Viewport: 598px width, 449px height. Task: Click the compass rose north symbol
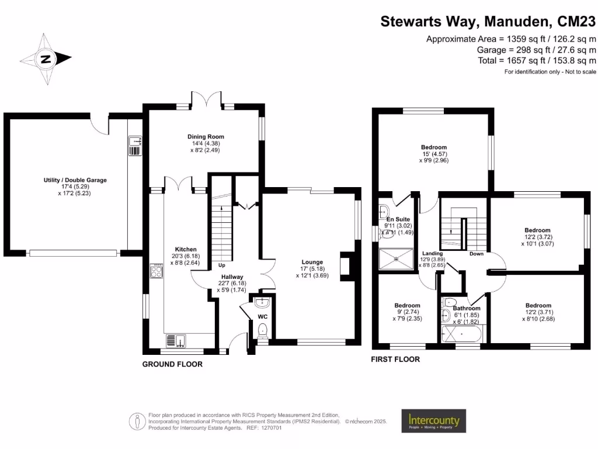click(46, 58)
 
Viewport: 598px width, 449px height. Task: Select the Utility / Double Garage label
click(75, 180)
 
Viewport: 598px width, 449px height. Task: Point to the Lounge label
click(312, 262)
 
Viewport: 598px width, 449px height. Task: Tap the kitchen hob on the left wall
click(157, 271)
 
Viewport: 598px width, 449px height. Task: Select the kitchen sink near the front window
click(175, 340)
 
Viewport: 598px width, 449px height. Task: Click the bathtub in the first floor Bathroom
click(460, 334)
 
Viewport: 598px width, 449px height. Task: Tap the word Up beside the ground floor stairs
click(222, 265)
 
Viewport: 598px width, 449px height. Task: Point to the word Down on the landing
click(477, 254)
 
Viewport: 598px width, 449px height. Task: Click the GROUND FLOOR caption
click(172, 364)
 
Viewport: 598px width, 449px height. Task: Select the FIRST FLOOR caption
click(395, 360)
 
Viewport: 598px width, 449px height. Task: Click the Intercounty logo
click(433, 421)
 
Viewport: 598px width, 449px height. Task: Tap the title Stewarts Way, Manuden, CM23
click(488, 22)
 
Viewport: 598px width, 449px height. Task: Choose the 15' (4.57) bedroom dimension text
click(433, 154)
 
